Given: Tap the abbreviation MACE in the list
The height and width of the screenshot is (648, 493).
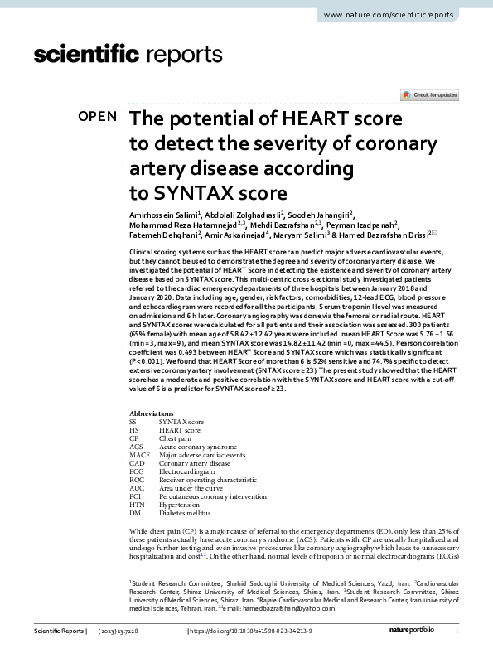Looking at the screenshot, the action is (x=138, y=454).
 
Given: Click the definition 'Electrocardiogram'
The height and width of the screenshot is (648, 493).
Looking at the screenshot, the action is (x=189, y=471).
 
